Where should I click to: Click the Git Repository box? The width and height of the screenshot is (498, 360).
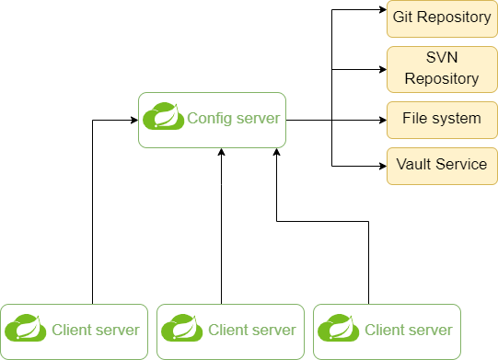tap(442, 17)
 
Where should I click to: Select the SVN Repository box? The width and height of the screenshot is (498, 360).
tap(442, 69)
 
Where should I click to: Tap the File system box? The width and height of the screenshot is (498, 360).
tap(442, 119)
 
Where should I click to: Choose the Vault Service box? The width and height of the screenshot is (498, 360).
tap(442, 165)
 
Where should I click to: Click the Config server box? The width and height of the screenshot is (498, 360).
tap(213, 120)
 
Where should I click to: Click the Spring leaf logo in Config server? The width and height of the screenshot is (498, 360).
tap(163, 118)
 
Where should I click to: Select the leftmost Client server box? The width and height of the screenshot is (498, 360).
tap(74, 331)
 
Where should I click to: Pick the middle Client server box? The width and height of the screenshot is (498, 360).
tap(230, 331)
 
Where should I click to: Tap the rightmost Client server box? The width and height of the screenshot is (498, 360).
tap(387, 331)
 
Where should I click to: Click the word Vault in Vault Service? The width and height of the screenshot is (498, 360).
tap(413, 165)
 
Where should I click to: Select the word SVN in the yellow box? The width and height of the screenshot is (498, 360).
tap(442, 60)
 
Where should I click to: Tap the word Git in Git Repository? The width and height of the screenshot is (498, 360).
tap(402, 17)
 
